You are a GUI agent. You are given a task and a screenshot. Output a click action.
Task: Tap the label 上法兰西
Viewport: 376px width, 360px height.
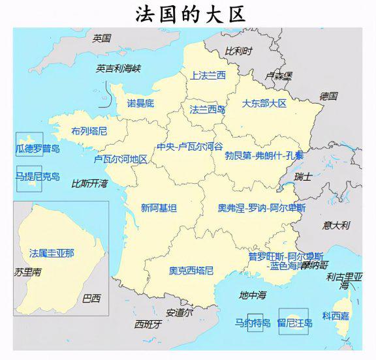point(208,76)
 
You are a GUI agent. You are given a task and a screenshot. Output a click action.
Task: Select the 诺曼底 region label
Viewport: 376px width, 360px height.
point(140,103)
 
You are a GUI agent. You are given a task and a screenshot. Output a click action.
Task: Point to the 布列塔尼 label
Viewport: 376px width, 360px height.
point(89,130)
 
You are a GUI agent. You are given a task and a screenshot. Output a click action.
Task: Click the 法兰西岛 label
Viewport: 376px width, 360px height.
point(207,110)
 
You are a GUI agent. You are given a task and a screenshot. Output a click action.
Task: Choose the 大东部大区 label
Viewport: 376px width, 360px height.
point(264,103)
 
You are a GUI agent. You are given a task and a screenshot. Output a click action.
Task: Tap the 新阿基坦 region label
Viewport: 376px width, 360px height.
point(159,208)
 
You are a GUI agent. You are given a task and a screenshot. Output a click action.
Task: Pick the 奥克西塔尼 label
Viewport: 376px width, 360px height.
point(191,270)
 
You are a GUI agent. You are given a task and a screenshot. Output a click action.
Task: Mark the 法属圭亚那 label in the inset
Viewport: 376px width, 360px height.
point(52,252)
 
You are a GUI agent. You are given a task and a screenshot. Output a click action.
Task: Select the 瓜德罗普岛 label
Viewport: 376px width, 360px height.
point(37,149)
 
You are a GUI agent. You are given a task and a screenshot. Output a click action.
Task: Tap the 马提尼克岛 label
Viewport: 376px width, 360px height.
point(37,176)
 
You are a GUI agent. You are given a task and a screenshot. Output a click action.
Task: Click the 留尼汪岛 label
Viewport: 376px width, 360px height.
point(295,322)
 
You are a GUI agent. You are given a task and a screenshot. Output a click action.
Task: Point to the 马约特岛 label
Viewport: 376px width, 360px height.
point(253,322)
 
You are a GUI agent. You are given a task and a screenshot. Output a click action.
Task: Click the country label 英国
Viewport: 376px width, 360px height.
point(102,38)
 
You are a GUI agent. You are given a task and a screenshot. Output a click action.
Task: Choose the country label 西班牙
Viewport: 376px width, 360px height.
point(148,324)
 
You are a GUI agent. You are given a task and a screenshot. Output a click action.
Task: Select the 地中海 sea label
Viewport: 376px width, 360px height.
point(253,295)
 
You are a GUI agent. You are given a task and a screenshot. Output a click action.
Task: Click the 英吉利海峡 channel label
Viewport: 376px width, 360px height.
point(118,68)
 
